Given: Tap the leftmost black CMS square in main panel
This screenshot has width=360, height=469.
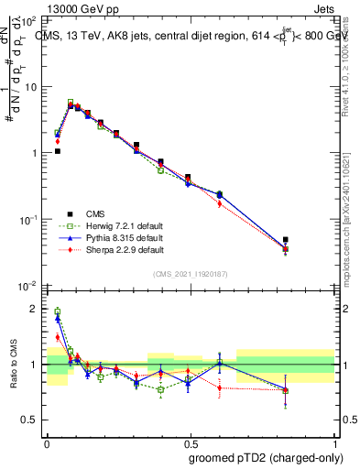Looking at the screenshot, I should coord(57,151).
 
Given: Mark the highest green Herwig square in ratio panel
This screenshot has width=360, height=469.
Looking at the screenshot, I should coord(57,311).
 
